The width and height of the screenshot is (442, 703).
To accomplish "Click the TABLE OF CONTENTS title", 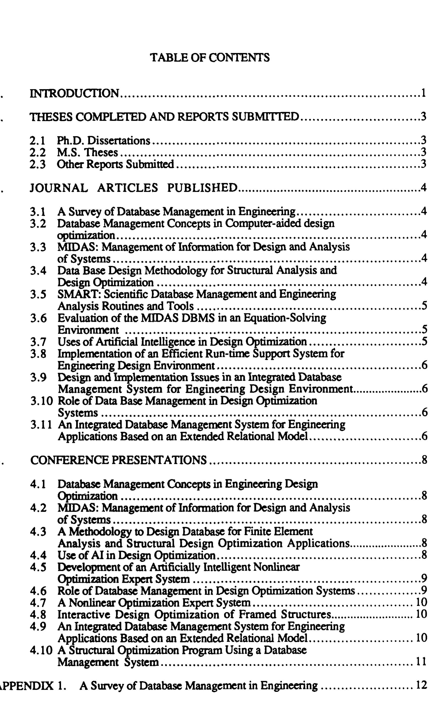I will coord(210,57).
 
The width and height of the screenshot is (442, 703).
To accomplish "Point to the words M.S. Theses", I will coord(87,153).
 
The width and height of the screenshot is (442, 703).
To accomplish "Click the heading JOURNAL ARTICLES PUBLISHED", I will coord(134,188).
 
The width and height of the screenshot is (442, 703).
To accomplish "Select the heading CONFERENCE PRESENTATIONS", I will coord(118,460).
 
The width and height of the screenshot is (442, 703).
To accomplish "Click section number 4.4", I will coord(38,555).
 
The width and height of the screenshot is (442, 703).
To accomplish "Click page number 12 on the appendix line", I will coord(421,685).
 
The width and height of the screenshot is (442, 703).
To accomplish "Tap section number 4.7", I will coord(38,603).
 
